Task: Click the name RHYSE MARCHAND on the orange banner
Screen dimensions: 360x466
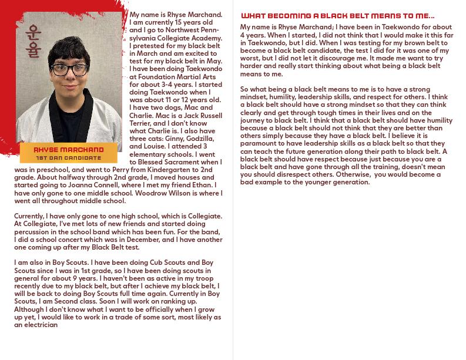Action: click(69, 150)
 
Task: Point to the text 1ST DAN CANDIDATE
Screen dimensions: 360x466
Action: click(69, 158)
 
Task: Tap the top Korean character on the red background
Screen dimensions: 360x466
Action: click(33, 34)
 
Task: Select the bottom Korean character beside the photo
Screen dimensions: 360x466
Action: click(33, 51)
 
